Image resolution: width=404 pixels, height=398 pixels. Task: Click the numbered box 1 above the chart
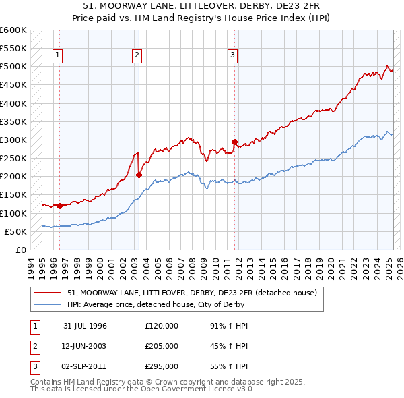pos(57,55)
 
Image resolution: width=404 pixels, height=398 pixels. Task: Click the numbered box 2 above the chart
pos(137,55)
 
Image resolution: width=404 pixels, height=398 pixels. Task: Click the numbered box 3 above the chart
pos(232,55)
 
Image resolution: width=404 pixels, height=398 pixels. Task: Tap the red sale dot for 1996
pos(59,206)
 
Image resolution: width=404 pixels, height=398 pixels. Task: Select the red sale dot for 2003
pos(139,175)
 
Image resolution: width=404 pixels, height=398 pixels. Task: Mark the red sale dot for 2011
pos(235,142)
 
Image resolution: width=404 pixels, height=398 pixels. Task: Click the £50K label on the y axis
pos(15,231)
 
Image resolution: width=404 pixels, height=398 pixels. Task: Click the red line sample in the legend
pos(48,293)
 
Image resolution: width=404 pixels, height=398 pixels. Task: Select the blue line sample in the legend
pos(48,304)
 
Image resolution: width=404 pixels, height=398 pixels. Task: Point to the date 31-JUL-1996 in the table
pos(85,326)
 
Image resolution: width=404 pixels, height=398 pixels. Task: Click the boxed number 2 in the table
pos(34,346)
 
